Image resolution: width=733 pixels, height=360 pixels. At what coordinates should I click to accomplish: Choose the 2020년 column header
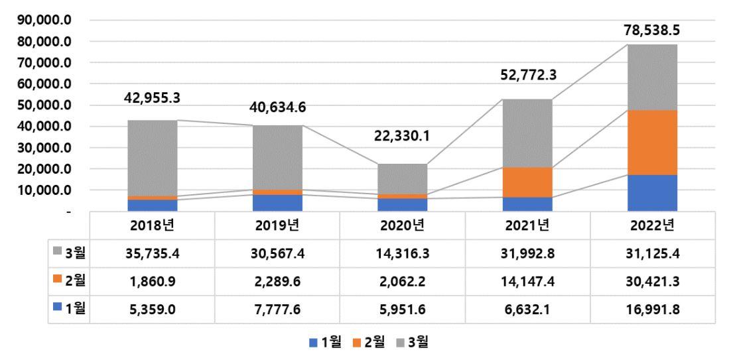(403, 225)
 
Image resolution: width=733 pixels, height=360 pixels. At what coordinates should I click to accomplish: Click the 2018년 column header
(153, 225)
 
